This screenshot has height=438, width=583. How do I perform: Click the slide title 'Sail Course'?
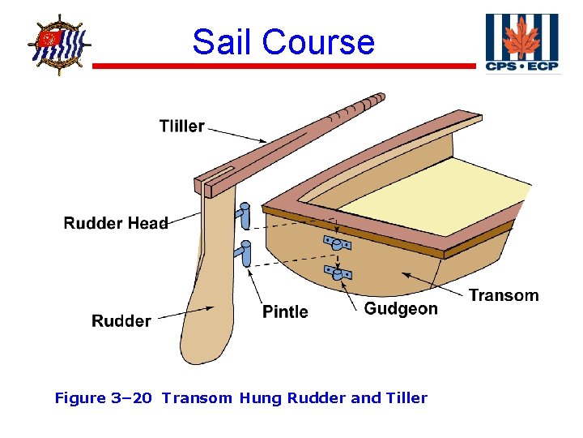(283, 41)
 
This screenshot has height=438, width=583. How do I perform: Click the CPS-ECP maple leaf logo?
(521, 43)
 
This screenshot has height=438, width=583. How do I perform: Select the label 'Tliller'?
(181, 127)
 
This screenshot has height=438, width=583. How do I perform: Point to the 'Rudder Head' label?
(116, 223)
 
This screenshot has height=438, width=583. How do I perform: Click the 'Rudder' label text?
(121, 321)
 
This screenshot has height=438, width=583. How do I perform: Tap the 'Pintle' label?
(285, 312)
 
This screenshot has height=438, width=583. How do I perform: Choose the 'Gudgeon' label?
(400, 309)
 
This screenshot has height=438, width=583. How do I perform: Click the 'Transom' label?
(503, 295)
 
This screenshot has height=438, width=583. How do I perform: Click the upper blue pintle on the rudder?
(243, 216)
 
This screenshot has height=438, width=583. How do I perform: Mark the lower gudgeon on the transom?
(336, 273)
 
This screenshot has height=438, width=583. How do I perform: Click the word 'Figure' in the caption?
(80, 398)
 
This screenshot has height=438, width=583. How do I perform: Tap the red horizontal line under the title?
(283, 66)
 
